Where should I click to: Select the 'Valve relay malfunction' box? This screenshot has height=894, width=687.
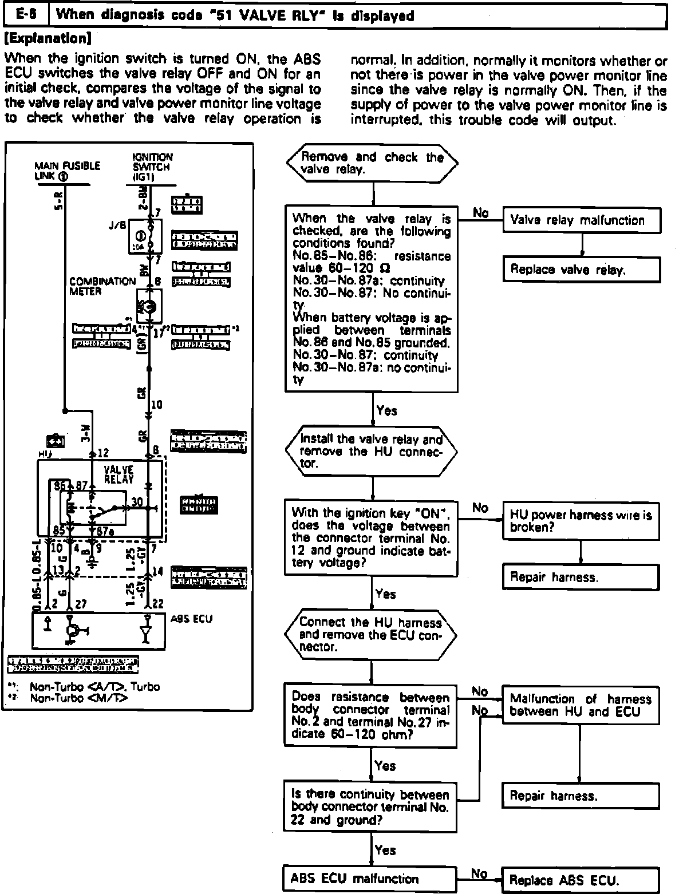(x=581, y=220)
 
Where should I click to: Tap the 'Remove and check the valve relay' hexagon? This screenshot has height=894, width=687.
(x=372, y=163)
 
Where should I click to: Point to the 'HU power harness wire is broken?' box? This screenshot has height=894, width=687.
(x=581, y=520)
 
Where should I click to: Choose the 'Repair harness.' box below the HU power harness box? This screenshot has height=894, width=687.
(x=581, y=577)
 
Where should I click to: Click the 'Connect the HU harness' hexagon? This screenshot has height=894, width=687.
(x=371, y=635)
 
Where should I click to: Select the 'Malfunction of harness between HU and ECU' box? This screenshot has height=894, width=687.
(x=581, y=705)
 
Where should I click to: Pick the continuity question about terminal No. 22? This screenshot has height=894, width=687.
(x=370, y=807)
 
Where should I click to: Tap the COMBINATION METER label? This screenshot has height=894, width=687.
(x=101, y=286)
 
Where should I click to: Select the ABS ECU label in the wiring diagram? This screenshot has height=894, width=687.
(x=192, y=619)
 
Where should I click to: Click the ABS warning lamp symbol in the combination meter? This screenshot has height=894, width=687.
(x=150, y=306)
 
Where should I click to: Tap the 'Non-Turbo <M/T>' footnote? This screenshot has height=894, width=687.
(x=78, y=698)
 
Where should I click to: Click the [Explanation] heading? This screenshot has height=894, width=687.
(x=48, y=39)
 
